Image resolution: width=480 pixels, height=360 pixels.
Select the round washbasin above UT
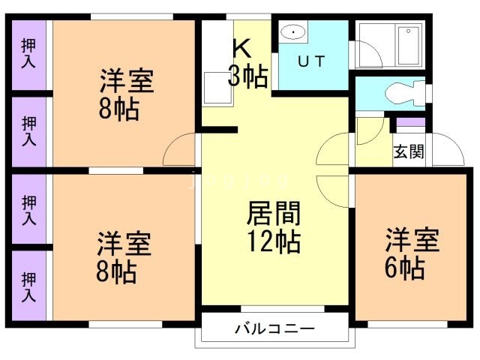coord(292,33)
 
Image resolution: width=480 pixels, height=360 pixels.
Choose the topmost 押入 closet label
coord(28,53)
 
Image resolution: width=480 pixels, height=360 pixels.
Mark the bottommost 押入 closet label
coord(28,285)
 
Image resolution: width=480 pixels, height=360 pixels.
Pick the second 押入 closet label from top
coord(28,130)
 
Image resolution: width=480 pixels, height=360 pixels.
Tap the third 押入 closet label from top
coord(28,209)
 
